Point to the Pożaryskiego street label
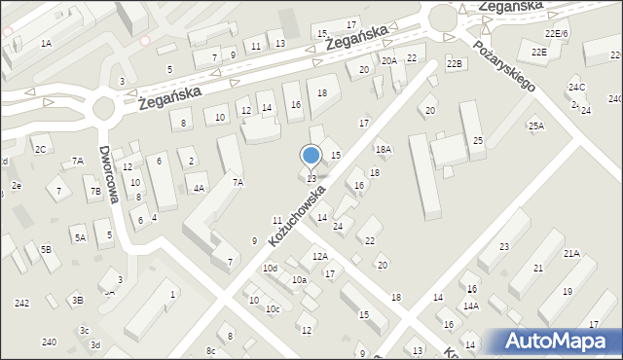[x=503, y=66]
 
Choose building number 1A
[x=46, y=44]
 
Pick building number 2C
[x=40, y=149]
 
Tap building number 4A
[x=199, y=189]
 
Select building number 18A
[x=384, y=149]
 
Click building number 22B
[x=454, y=63]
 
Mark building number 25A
[x=536, y=126]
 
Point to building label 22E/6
[x=556, y=34]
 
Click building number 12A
[x=320, y=256]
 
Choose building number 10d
[x=270, y=268]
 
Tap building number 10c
[x=274, y=309]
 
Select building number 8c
[x=210, y=350]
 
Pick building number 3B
[x=77, y=300]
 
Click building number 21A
[x=571, y=253]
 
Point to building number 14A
[x=471, y=306]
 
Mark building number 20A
[x=389, y=60]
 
